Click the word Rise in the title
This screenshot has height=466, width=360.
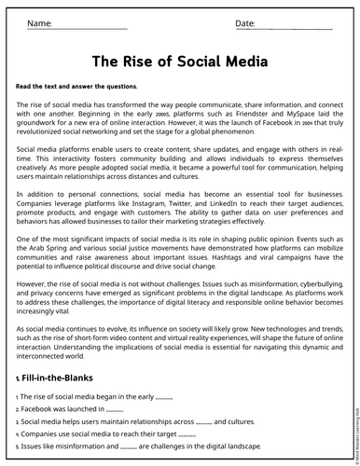pos(139,62)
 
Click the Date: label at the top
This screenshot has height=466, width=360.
pos(245,21)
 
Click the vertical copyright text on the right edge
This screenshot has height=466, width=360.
pos(353,429)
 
